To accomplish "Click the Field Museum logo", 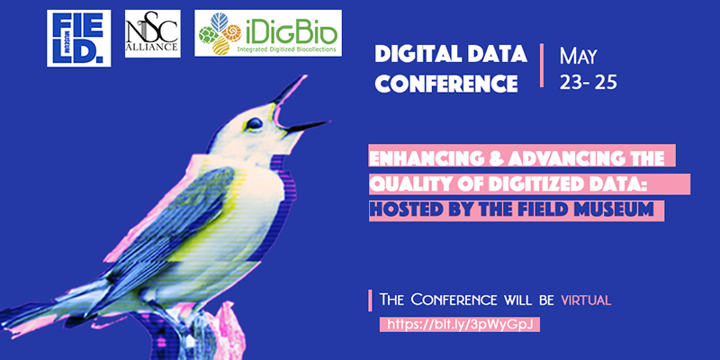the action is (78, 38).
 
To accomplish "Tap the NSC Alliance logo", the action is (152, 33).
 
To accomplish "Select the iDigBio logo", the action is (267, 33).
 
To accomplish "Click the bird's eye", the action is (254, 123).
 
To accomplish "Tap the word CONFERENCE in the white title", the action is (446, 83).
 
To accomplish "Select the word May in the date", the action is (578, 57).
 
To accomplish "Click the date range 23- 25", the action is (588, 83).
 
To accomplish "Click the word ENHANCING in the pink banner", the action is (420, 158).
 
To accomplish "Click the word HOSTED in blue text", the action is (403, 210).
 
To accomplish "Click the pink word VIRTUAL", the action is (587, 301).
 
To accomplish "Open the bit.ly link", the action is (459, 325).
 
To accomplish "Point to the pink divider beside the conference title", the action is (542, 65).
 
